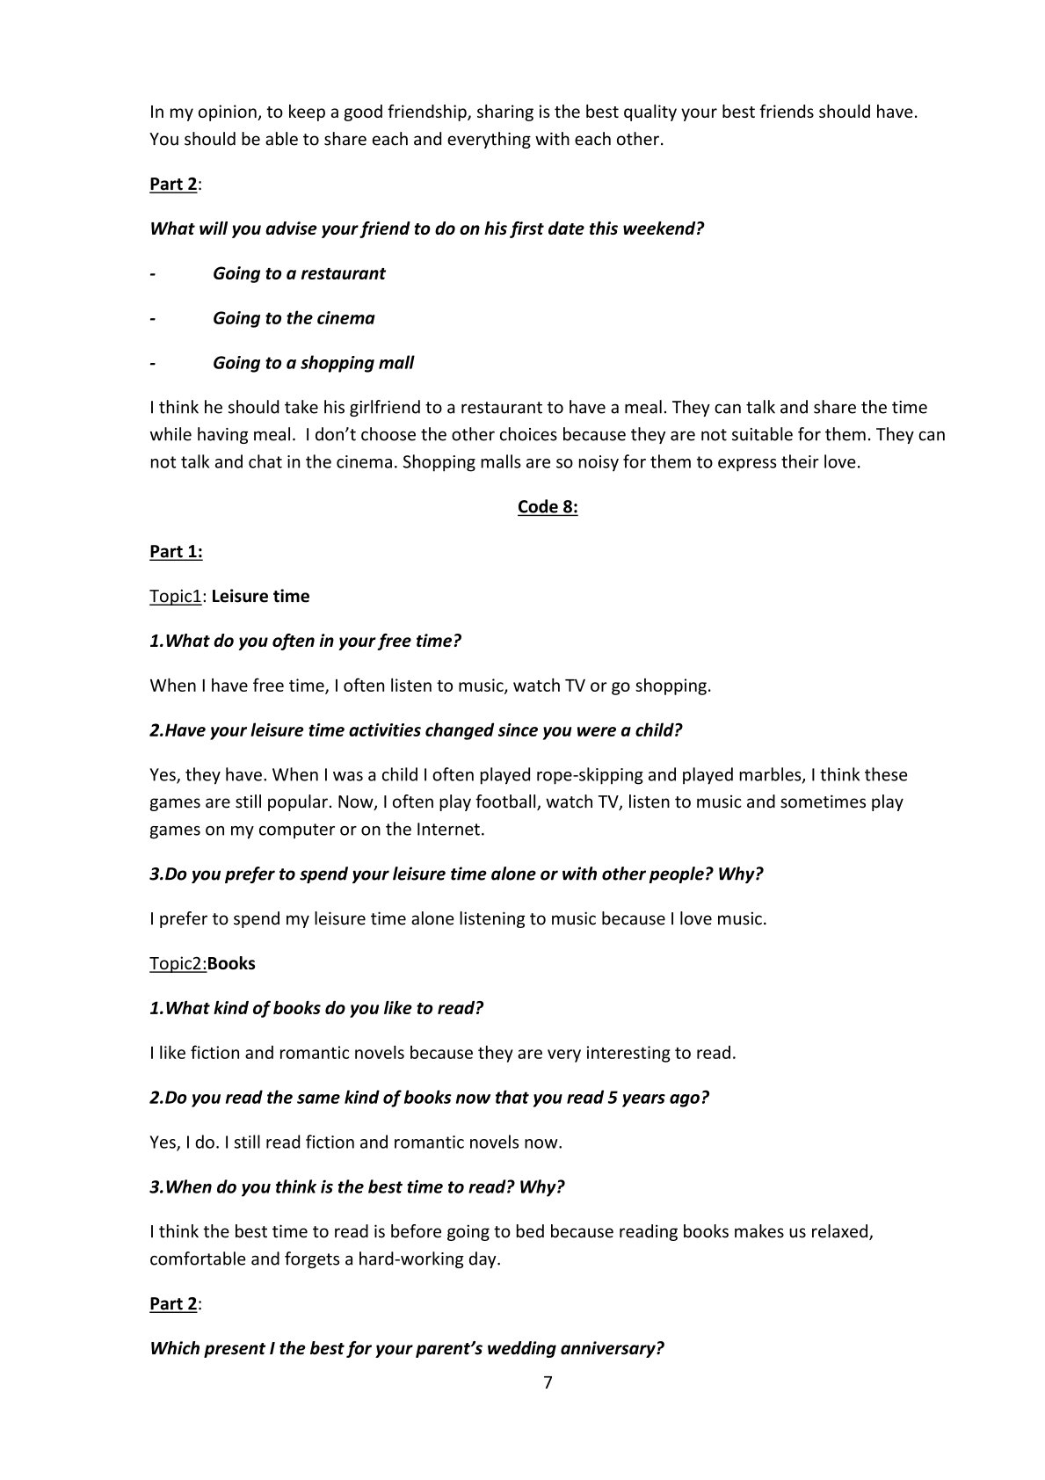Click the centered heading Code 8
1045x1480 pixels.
tap(548, 507)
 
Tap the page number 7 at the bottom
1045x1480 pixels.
tap(548, 1382)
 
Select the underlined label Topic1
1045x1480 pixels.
tap(176, 597)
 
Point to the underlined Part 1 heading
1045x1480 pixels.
tap(176, 552)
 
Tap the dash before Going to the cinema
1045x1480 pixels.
tap(153, 319)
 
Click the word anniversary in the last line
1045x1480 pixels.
tap(611, 1349)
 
